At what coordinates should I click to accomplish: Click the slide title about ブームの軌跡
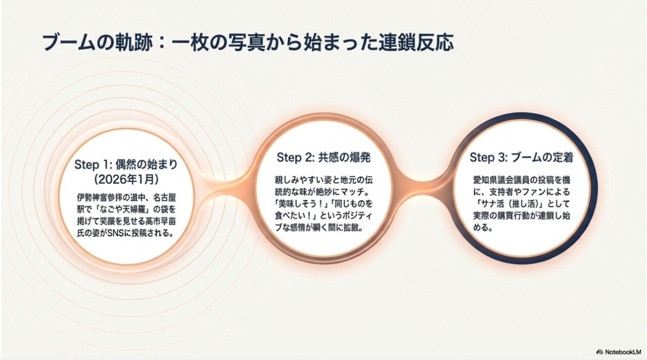click(x=248, y=43)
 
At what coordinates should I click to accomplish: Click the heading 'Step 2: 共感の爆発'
click(x=324, y=157)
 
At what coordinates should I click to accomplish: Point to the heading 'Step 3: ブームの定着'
click(x=521, y=157)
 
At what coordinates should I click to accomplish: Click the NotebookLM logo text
click(x=623, y=351)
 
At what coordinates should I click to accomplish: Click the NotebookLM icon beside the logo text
click(x=600, y=351)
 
